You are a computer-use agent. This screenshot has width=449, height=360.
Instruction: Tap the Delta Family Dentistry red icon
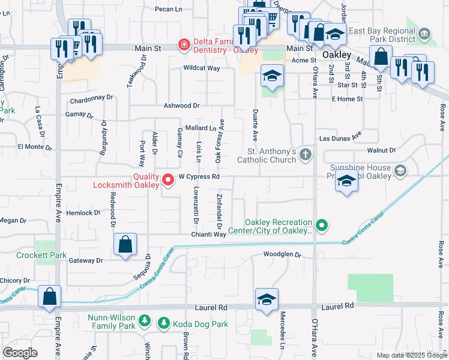(x=182, y=44)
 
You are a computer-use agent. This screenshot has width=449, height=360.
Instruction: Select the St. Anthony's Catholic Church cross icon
(x=306, y=155)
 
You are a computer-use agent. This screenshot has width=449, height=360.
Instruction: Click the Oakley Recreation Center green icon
(x=322, y=226)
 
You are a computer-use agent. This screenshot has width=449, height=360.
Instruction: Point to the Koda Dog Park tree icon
(x=163, y=324)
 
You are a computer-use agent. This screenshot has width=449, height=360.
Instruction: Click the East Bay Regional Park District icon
(x=425, y=32)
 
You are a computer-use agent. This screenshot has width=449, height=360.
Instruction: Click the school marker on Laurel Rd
(x=267, y=299)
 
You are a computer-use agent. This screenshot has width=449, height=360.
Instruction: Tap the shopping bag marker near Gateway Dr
(x=125, y=245)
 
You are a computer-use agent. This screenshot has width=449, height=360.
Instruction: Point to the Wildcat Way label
(x=202, y=68)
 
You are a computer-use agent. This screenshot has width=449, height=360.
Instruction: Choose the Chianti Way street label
(x=209, y=235)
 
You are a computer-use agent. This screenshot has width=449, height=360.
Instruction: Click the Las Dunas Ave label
(x=340, y=137)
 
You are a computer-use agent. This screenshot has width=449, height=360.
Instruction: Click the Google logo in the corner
(x=20, y=353)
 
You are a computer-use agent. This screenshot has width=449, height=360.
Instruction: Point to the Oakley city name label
(x=336, y=55)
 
